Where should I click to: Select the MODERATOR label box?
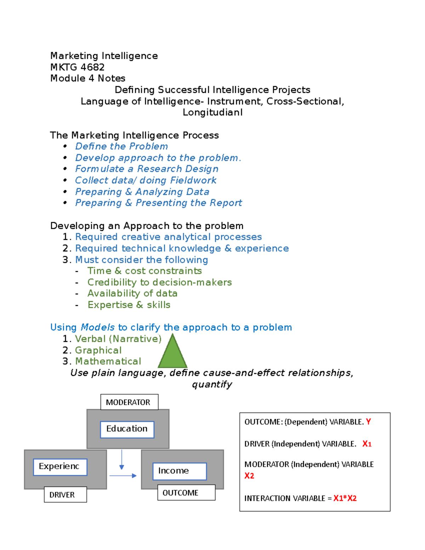coord(129,402)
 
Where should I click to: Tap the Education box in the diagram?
coord(127,429)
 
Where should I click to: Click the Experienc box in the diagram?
coord(60,467)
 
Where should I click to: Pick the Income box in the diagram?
coord(180,471)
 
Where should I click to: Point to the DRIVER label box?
coord(65,494)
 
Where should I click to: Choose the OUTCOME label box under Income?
coord(186,493)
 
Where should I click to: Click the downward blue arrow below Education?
coord(121,459)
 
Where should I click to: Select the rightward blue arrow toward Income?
coord(123,476)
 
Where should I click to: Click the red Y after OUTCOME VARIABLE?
coord(368,421)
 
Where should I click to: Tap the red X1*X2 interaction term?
coord(345,498)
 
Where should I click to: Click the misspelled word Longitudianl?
coord(212,112)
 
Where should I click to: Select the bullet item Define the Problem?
coord(121,146)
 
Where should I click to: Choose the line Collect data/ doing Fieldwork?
coord(146,180)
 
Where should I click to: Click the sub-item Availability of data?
coord(132,293)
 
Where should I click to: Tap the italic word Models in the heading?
coord(97,327)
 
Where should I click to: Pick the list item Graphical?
coord(98,350)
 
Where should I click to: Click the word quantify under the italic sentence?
coord(212,384)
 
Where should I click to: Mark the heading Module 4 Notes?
coord(88,78)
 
